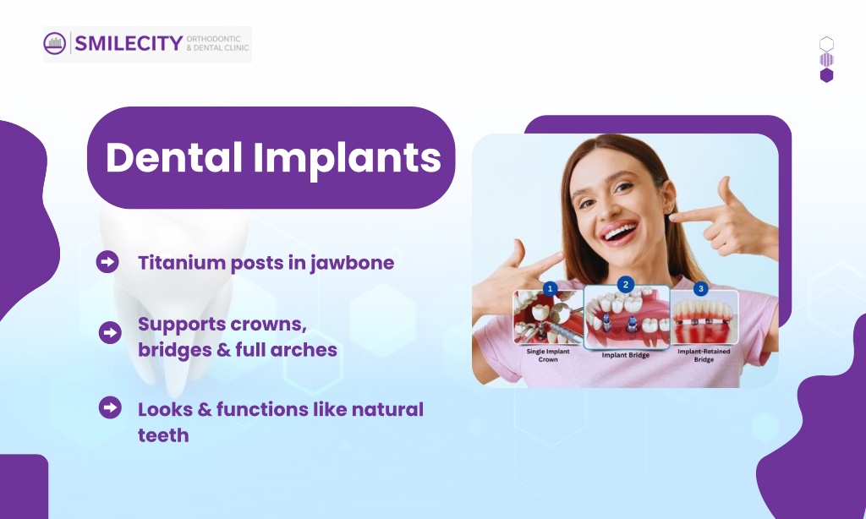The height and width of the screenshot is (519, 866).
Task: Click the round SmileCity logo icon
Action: click(x=55, y=44)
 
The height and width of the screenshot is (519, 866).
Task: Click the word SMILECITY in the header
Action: click(x=129, y=44)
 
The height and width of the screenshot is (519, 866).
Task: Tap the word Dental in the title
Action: click(x=174, y=157)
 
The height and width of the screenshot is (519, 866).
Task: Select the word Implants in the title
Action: click(x=347, y=158)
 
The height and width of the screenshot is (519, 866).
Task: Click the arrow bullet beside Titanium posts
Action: click(x=107, y=262)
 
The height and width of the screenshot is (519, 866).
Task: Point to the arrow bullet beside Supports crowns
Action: click(x=110, y=332)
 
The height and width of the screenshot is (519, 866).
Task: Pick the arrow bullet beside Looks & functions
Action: click(x=110, y=407)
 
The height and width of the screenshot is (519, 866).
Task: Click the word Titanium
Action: click(x=181, y=263)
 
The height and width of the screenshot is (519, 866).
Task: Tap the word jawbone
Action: click(x=352, y=264)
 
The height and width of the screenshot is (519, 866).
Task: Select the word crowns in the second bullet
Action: click(x=268, y=325)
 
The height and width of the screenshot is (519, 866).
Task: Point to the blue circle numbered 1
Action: click(x=550, y=289)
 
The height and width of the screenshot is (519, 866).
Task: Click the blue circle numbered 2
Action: click(x=626, y=285)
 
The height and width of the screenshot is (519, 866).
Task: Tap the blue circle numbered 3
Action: click(x=701, y=289)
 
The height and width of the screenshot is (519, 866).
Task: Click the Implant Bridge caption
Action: click(x=626, y=355)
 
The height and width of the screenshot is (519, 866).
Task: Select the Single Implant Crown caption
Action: click(x=548, y=355)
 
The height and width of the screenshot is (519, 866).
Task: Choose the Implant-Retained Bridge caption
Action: click(x=704, y=355)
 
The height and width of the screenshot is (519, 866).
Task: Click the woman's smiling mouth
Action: click(x=620, y=232)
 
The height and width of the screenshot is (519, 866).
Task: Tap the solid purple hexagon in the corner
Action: click(x=826, y=75)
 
